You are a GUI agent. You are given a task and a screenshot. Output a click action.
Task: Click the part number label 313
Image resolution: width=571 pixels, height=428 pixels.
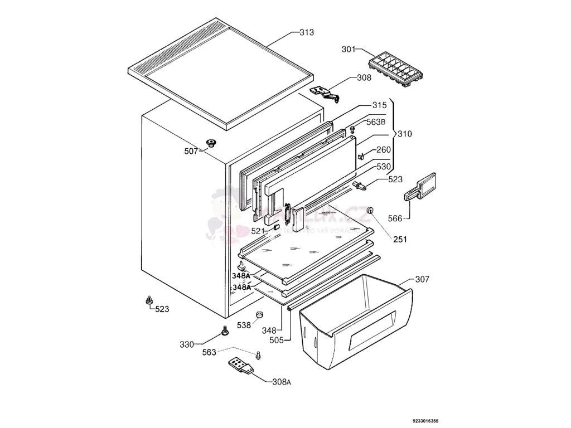pyautogui.click(x=307, y=32)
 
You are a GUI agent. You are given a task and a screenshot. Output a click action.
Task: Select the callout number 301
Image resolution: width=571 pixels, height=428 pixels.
pyautogui.click(x=349, y=50)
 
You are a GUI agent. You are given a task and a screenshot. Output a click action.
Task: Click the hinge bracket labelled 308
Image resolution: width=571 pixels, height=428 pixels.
pyautogui.click(x=325, y=91)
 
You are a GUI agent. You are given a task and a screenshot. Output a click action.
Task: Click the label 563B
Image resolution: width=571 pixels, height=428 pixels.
pyautogui.click(x=375, y=122)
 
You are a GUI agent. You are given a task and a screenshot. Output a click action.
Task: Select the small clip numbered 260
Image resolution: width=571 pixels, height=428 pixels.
pyautogui.click(x=361, y=157)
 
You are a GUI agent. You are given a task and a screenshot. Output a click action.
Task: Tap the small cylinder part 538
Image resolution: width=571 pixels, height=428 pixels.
pyautogui.click(x=259, y=316)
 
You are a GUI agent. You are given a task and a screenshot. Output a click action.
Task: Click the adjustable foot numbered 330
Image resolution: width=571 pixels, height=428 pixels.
pyautogui.click(x=225, y=332)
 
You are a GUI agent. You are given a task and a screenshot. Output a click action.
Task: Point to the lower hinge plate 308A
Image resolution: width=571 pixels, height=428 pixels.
pyautogui.click(x=241, y=367)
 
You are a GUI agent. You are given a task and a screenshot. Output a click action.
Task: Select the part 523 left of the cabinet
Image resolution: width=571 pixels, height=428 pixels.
pyautogui.click(x=149, y=301)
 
